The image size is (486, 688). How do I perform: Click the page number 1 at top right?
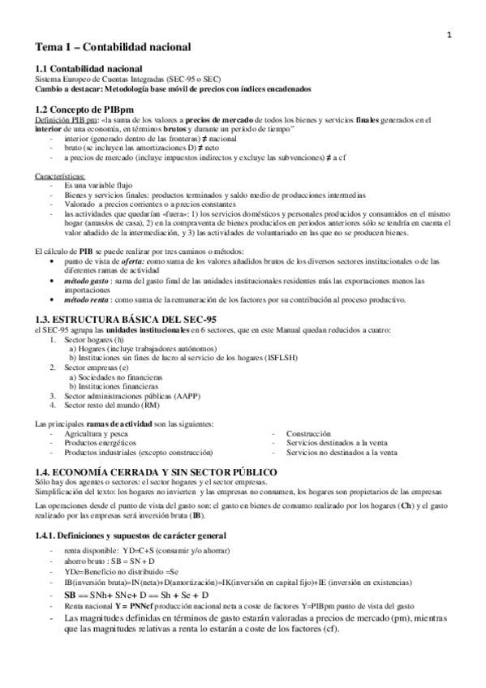coord(449,33)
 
